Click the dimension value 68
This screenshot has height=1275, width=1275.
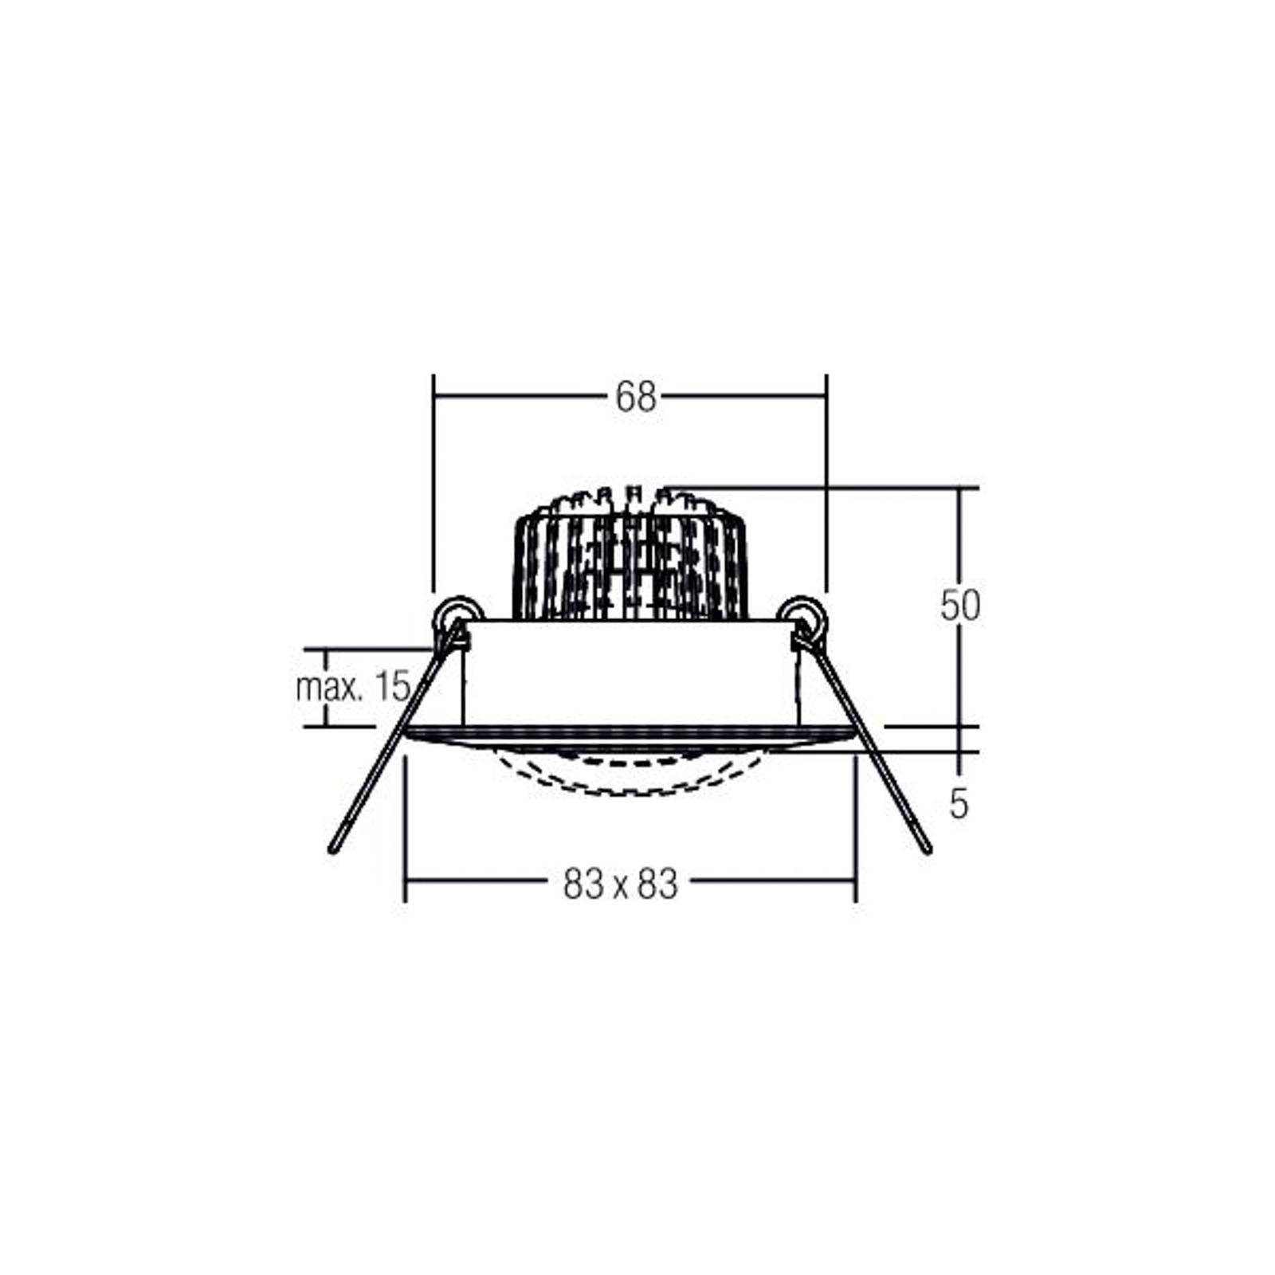[x=635, y=397]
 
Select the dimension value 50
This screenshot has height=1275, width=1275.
[x=959, y=606]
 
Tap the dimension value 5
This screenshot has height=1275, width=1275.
[x=959, y=804]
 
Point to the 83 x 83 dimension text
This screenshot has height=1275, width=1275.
[x=620, y=884]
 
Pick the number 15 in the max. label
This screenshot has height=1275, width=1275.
[x=392, y=686]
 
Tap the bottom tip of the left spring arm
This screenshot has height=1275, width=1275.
[x=333, y=849]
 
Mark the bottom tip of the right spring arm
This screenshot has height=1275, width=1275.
[x=927, y=849]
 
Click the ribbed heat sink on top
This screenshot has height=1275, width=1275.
[x=630, y=558]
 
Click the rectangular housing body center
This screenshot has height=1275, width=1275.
[x=630, y=673]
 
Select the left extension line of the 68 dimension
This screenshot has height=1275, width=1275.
[x=433, y=478]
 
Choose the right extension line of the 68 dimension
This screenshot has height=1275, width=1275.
[x=826, y=478]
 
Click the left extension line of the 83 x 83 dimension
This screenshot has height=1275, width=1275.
[x=406, y=829]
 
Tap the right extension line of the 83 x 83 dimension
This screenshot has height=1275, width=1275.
[x=856, y=829]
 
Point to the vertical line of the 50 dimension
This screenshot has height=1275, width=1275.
[x=959, y=542]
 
